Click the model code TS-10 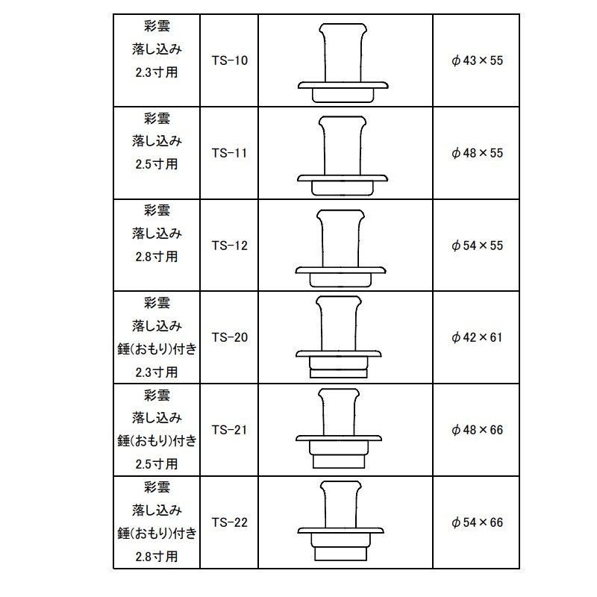click(x=229, y=60)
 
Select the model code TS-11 click(x=229, y=153)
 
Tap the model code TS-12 click(x=229, y=245)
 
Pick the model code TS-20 click(x=229, y=337)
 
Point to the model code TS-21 click(x=229, y=430)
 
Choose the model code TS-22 click(x=229, y=522)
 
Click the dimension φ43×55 click(x=478, y=60)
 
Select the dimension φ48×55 click(x=478, y=153)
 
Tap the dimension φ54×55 click(x=478, y=245)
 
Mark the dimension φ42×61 click(x=478, y=337)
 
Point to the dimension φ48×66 click(x=478, y=430)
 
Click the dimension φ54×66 click(x=478, y=522)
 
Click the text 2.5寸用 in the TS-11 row click(x=157, y=164)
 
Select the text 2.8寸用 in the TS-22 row click(x=157, y=556)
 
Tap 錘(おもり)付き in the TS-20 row click(x=157, y=348)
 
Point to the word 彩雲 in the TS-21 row click(x=157, y=395)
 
